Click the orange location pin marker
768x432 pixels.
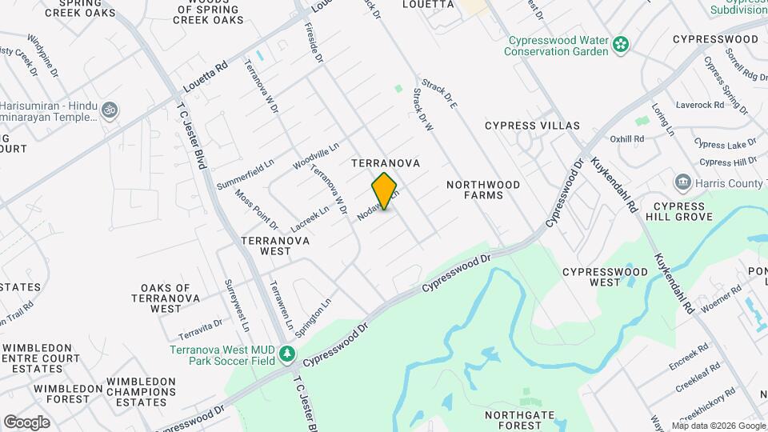[x=385, y=191]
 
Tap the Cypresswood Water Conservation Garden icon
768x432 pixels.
[x=621, y=45]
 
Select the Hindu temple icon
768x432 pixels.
[x=110, y=110]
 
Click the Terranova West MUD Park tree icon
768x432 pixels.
[x=286, y=354]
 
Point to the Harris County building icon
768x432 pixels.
[x=682, y=183]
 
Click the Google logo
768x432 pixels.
[x=26, y=422]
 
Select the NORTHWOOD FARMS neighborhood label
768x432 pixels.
[x=483, y=190]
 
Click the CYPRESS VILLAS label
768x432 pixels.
[x=532, y=126]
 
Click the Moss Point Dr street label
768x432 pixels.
[x=256, y=209]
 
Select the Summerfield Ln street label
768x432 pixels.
[x=246, y=166]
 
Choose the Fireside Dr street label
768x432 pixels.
[x=314, y=42]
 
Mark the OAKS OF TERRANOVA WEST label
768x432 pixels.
[x=166, y=298]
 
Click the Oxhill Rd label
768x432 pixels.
[x=627, y=139]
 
